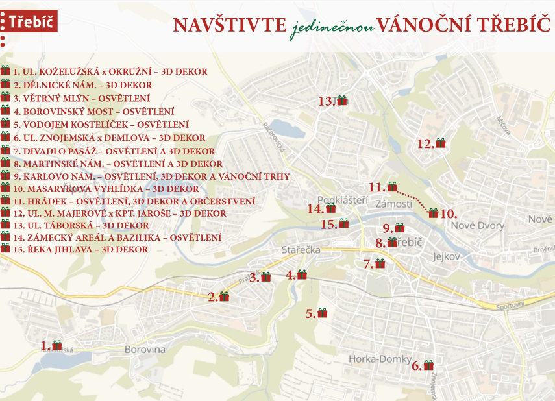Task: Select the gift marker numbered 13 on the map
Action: tap(342, 101)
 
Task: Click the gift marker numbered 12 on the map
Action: tap(441, 143)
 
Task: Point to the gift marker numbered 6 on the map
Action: tap(428, 365)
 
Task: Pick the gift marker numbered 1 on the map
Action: tap(56, 345)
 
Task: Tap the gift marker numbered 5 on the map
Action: tap(322, 313)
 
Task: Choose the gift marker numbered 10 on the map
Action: tap(434, 213)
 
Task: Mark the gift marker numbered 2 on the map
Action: tap(225, 297)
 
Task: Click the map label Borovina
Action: tap(146, 350)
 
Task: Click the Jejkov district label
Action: tap(447, 257)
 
